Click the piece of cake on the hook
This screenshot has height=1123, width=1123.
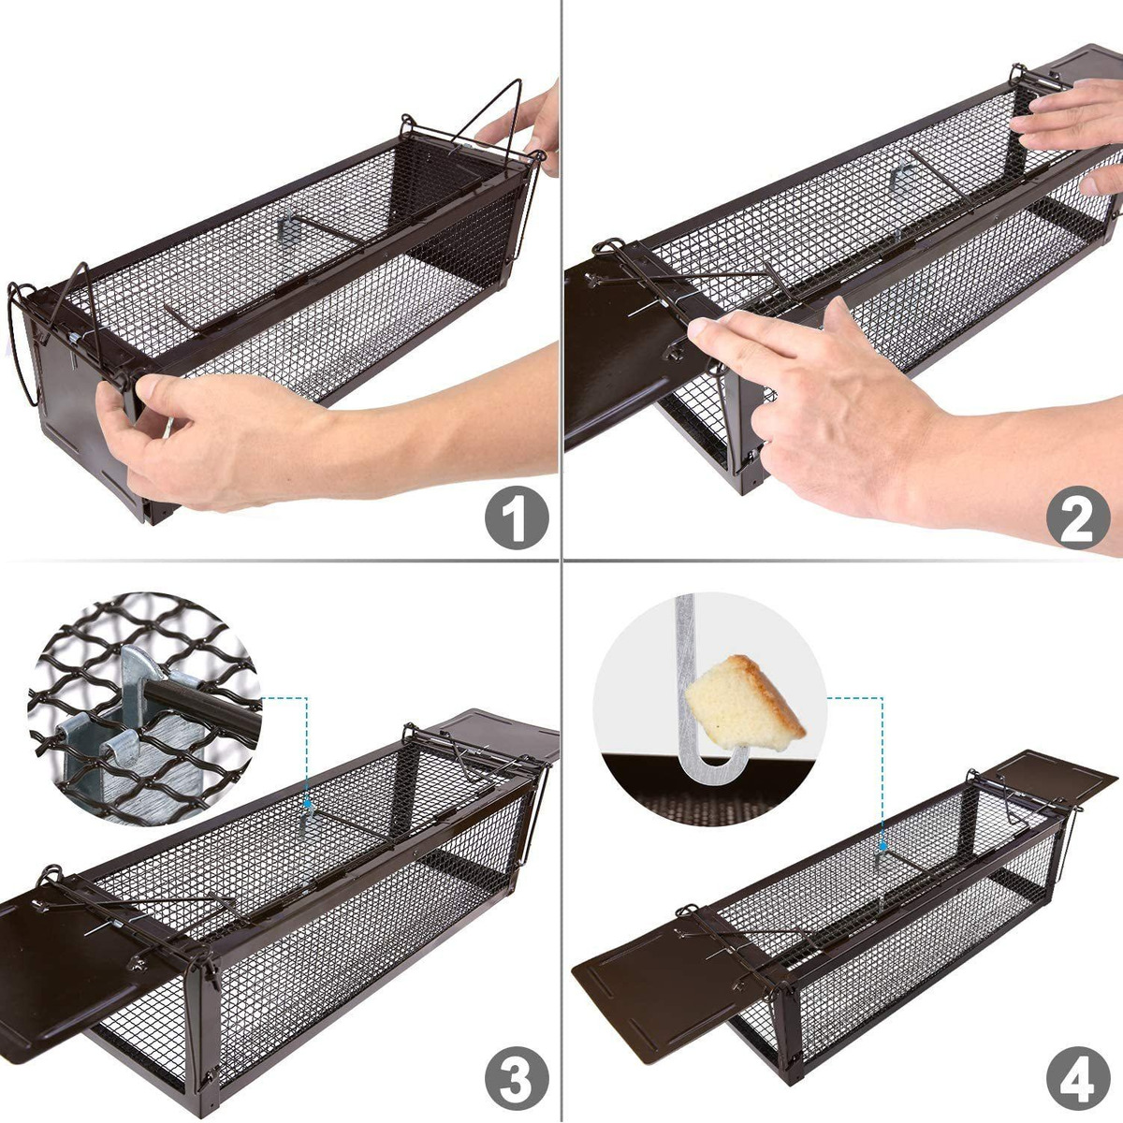[747, 702]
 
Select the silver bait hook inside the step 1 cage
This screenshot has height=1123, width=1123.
[286, 226]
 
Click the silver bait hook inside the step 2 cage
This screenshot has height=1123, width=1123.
[899, 179]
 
